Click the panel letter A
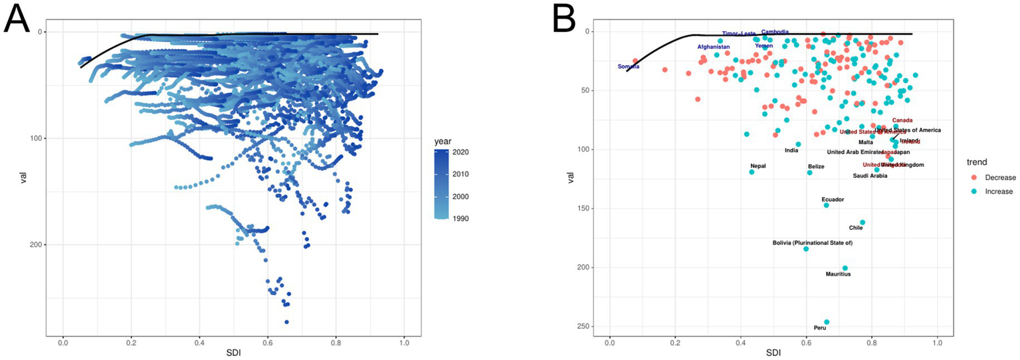click(17, 19)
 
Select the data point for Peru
click(827, 322)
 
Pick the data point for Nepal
click(752, 172)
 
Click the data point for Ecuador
click(827, 205)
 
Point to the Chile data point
click(863, 223)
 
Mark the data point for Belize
click(809, 173)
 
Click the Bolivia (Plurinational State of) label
click(812, 243)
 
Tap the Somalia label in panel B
click(628, 66)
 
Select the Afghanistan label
click(713, 47)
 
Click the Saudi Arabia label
click(870, 176)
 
